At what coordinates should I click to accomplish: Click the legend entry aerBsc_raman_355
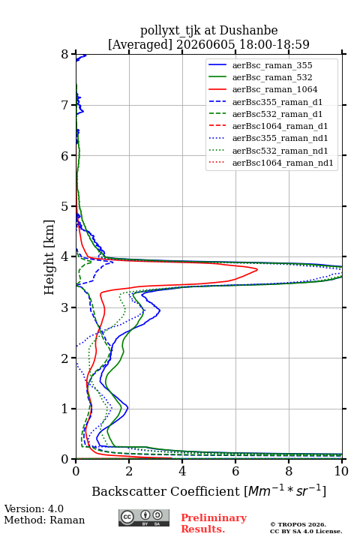(x=272, y=65)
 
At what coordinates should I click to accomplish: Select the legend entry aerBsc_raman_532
(x=272, y=77)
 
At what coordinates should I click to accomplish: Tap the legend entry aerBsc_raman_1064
(x=275, y=89)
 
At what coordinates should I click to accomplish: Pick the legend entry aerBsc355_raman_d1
(x=277, y=102)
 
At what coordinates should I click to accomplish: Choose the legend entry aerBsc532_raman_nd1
(x=280, y=151)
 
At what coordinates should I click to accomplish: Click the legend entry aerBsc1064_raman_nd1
(x=283, y=163)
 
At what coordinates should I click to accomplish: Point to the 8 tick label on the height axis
(x=65, y=55)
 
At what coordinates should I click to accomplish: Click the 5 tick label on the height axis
(x=65, y=206)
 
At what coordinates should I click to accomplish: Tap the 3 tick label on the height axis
(x=65, y=307)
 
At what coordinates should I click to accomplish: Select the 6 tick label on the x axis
(x=235, y=471)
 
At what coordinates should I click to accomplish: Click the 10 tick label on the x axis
(x=341, y=471)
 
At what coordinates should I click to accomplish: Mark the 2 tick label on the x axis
(x=129, y=471)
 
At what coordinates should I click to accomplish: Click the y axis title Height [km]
(x=49, y=257)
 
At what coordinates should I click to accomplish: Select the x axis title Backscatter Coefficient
(x=166, y=491)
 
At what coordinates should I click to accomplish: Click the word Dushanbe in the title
(x=249, y=31)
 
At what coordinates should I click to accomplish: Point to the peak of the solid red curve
(x=257, y=270)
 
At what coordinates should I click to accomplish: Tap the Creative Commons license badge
(x=144, y=517)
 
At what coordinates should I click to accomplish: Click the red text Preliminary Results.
(x=214, y=523)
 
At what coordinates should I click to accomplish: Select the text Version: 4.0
(x=34, y=508)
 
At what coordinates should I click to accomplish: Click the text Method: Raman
(x=44, y=520)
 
